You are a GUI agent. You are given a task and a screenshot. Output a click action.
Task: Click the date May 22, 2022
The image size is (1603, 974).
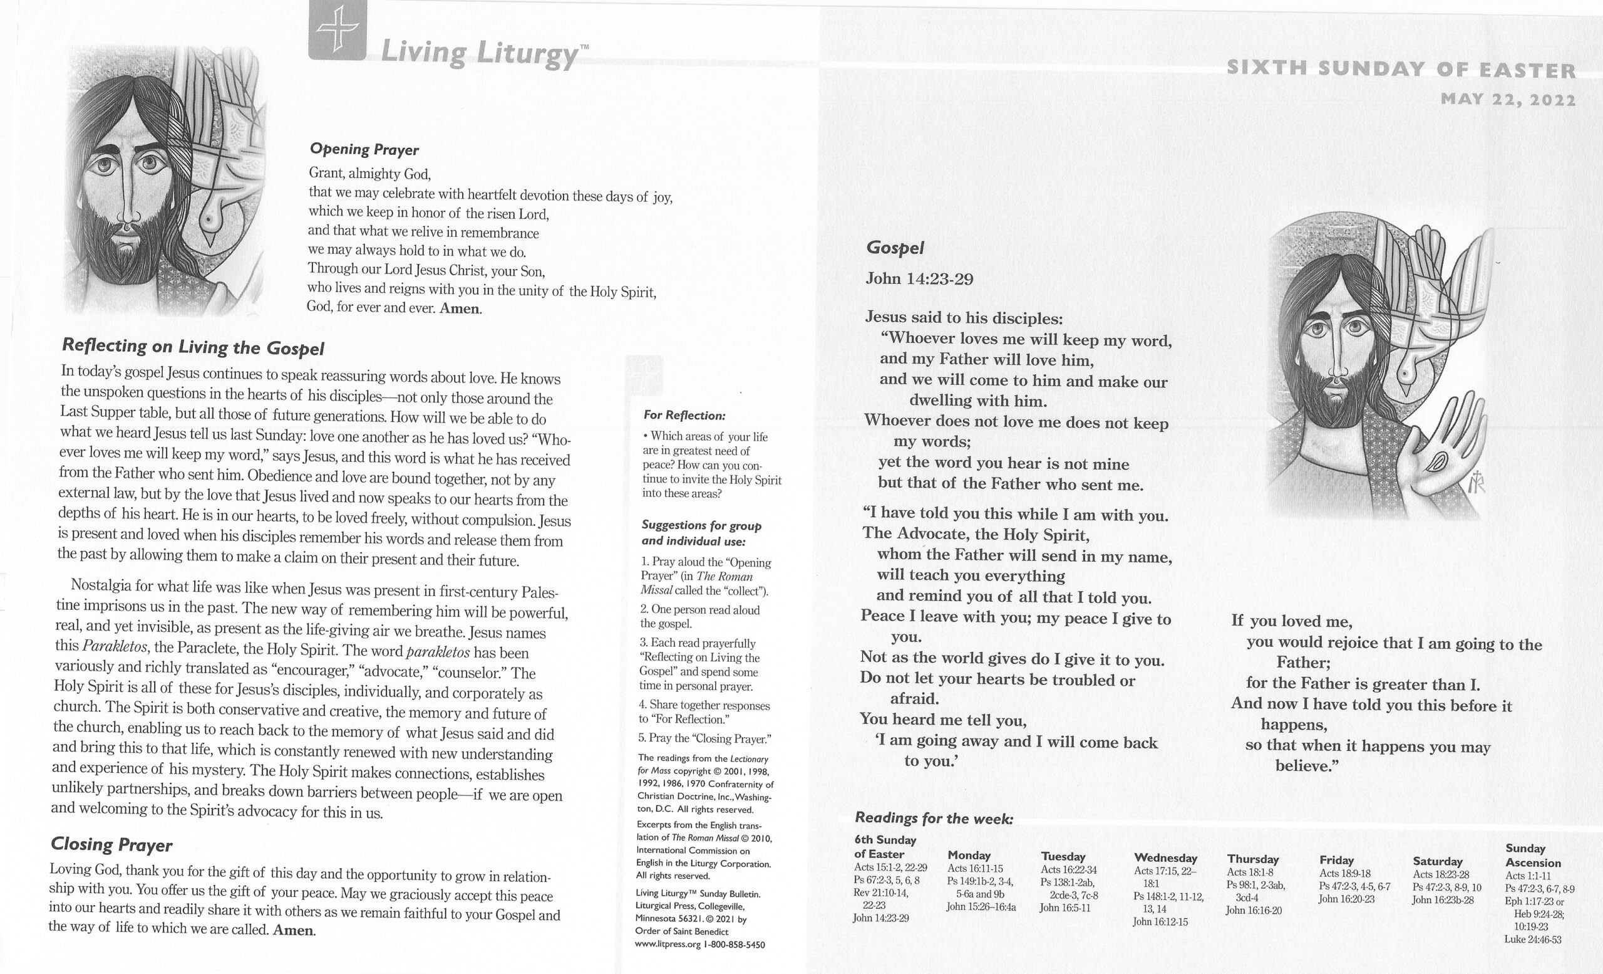1507,100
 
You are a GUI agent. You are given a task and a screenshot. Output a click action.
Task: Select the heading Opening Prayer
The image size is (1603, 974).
364,149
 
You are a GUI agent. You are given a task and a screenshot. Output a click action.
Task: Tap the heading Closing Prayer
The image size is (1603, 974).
111,844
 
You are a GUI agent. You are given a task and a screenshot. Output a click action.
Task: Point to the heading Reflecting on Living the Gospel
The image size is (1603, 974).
193,347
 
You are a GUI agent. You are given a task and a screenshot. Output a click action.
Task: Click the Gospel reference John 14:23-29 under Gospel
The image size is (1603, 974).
919,280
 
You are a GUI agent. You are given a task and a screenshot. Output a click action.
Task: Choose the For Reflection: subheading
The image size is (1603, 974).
684,416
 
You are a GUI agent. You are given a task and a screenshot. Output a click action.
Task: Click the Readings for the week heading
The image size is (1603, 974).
934,819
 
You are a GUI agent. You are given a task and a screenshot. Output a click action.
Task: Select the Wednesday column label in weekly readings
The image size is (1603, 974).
1165,858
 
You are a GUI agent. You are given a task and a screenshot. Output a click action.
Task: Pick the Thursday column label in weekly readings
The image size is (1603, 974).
1252,859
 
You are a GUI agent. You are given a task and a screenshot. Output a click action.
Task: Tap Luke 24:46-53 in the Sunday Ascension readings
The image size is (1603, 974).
1532,940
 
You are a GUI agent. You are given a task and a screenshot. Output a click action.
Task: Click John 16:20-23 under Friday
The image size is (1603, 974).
1346,899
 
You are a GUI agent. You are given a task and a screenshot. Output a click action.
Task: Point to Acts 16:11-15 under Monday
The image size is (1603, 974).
974,869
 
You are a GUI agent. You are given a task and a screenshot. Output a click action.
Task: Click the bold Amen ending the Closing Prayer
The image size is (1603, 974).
294,930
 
